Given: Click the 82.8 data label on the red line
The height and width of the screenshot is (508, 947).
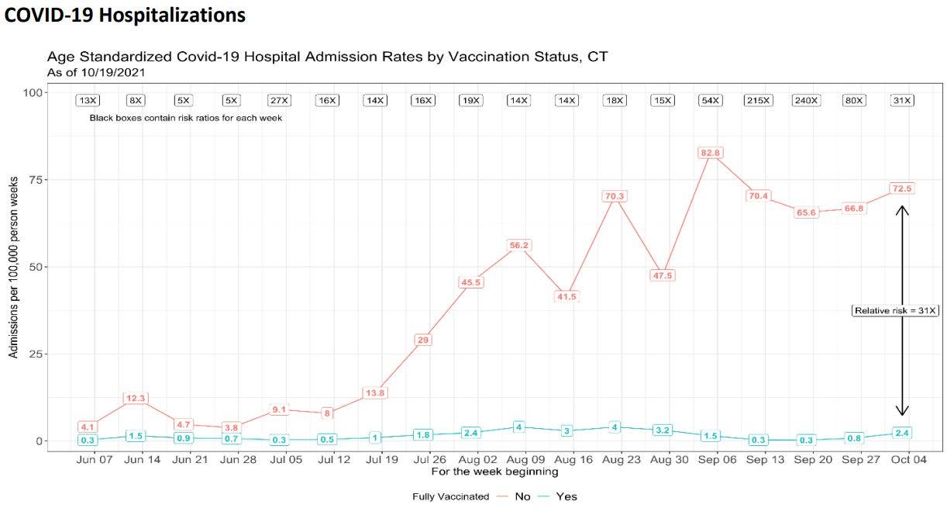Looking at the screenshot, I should point(711,153).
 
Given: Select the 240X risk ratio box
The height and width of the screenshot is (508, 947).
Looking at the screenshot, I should point(806,100).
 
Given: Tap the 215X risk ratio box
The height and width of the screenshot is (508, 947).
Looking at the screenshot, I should point(758,100).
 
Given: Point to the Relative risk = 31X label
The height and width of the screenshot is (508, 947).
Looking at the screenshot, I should point(896,310).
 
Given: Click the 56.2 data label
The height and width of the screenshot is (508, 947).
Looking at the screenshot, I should point(519,246).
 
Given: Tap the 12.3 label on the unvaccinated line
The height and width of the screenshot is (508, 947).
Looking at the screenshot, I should point(135,399).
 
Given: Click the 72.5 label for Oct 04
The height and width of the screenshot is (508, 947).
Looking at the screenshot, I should point(902,188).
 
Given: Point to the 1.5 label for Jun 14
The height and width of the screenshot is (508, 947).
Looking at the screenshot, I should point(135,437).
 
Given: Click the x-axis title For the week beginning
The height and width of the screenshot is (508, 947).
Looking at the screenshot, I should point(494,472).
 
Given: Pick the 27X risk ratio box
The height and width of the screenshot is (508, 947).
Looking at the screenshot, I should point(278,100).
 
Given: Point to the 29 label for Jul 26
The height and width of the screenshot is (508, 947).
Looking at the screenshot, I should point(423,340).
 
